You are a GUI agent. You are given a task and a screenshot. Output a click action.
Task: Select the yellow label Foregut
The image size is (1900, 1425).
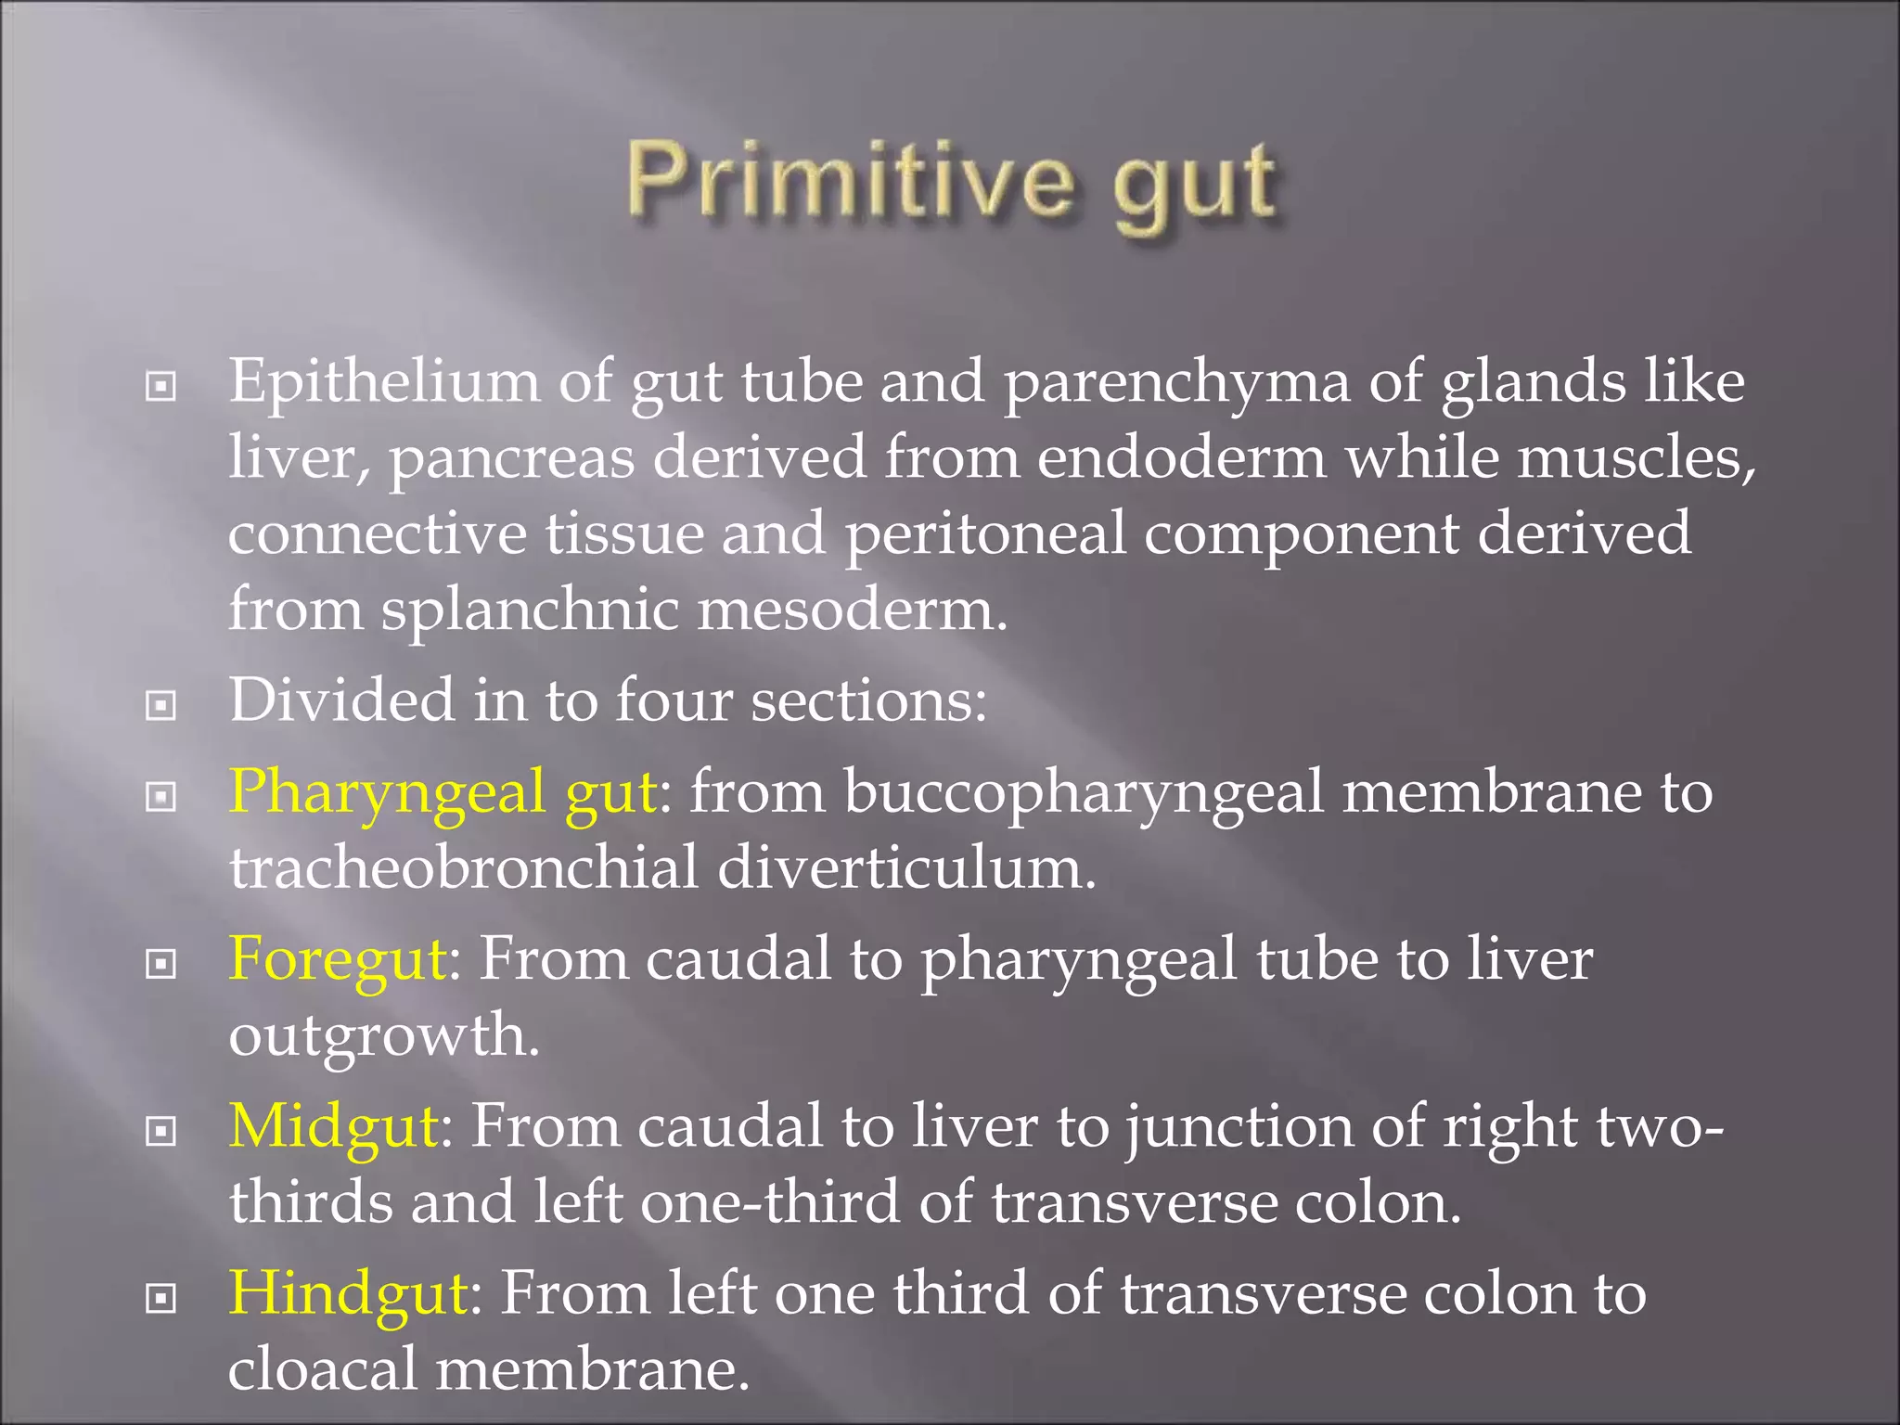[x=338, y=959]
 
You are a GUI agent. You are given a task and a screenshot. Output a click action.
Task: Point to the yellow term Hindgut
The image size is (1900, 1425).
[x=348, y=1293]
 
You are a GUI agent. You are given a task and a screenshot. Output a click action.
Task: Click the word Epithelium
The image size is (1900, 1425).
[x=384, y=382]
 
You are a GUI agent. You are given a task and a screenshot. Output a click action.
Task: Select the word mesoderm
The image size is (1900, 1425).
[x=852, y=610]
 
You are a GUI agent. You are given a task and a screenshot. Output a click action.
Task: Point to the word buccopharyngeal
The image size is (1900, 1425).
[x=1083, y=794]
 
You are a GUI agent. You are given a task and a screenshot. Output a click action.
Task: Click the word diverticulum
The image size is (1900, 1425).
[x=906, y=868]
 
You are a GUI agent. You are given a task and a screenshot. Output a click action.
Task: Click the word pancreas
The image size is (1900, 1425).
[x=511, y=459]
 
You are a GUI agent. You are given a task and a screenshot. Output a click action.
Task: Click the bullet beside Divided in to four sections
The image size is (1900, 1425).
[x=161, y=706]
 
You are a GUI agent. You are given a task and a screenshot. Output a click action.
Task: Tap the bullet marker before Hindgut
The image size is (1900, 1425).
[x=161, y=1298]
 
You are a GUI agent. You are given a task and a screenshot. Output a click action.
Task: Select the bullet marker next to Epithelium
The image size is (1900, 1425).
[x=161, y=387]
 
